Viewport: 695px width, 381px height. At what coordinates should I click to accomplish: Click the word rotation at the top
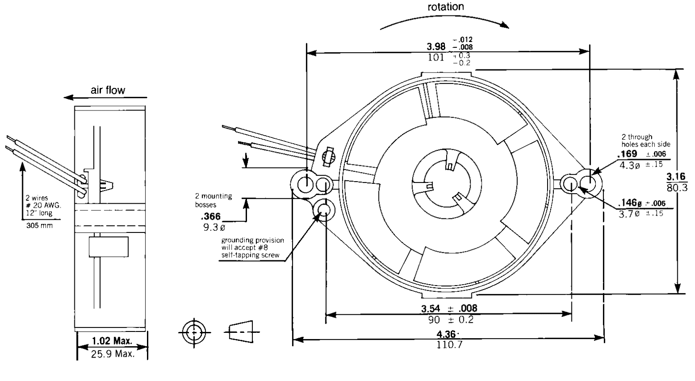tap(445, 7)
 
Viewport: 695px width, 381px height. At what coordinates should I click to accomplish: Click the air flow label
tap(108, 90)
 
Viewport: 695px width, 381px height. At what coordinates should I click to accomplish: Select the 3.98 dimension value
tap(436, 46)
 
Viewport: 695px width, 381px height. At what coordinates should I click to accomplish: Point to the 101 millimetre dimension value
tap(436, 57)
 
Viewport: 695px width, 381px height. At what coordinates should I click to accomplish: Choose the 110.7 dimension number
tap(449, 345)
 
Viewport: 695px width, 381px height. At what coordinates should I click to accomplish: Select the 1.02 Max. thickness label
tap(112, 341)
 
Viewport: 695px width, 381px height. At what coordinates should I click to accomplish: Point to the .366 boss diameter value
tap(210, 217)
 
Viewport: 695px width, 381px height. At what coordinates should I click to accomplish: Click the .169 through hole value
tap(627, 153)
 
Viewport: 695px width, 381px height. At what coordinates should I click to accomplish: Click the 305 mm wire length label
tap(37, 225)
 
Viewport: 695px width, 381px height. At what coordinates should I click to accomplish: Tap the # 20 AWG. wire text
tap(43, 205)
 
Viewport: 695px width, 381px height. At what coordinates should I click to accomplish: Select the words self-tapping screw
tap(250, 255)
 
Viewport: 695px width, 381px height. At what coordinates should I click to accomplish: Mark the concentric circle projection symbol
tap(193, 332)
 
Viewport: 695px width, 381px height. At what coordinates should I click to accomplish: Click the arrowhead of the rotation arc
tap(505, 26)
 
